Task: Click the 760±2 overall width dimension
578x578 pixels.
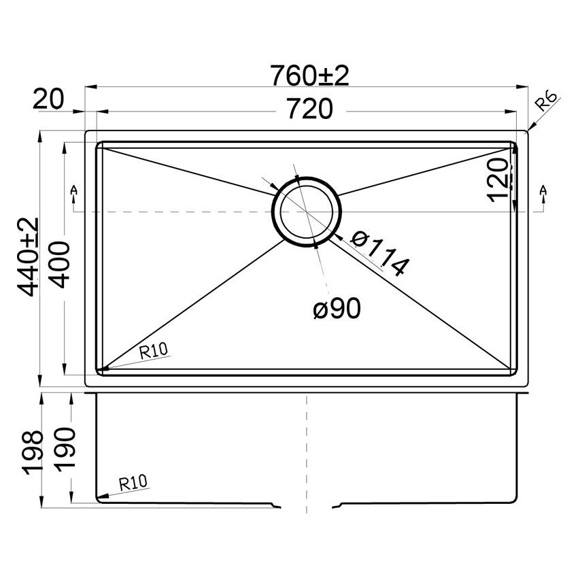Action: click(309, 76)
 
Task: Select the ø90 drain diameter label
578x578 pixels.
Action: click(337, 309)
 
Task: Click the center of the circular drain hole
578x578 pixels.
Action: click(305, 210)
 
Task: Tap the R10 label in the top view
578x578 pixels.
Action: click(154, 352)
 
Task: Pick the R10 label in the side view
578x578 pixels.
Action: click(133, 483)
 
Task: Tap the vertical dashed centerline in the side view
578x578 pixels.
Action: click(308, 449)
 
